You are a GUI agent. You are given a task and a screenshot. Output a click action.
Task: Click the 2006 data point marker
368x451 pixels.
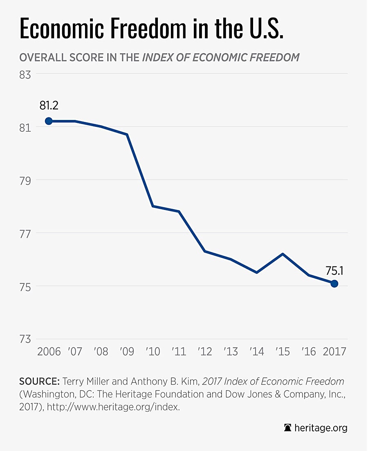(x=49, y=121)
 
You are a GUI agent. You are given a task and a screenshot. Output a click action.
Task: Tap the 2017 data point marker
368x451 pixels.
(x=334, y=283)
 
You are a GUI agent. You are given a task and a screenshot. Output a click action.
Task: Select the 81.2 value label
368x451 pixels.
(x=49, y=105)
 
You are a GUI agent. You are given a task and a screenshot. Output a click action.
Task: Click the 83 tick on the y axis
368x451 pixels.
(x=27, y=75)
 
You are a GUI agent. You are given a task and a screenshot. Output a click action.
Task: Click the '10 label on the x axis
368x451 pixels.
(x=153, y=352)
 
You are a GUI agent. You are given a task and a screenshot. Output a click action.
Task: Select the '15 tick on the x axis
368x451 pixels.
(x=283, y=352)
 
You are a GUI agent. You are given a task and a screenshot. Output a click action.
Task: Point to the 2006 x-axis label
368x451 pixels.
(x=49, y=352)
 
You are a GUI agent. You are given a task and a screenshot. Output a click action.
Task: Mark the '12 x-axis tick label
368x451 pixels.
(x=204, y=352)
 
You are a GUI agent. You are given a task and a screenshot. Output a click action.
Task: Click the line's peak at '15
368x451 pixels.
(x=283, y=254)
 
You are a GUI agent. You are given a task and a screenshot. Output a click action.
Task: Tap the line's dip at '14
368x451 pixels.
(x=256, y=272)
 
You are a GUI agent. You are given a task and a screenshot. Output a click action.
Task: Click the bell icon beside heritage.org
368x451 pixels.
(x=288, y=428)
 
